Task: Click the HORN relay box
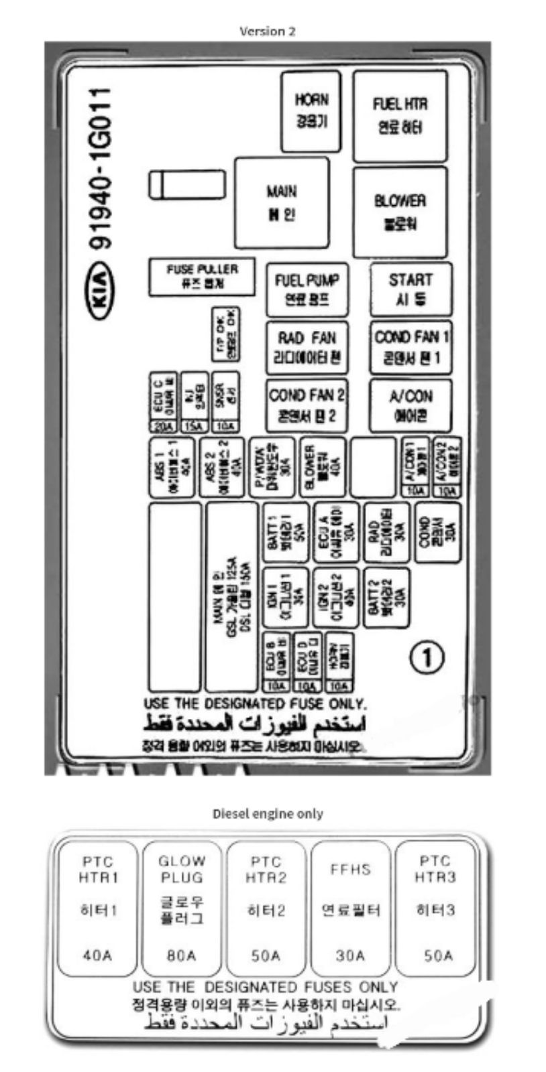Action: (x=311, y=111)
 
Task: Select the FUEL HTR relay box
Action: (x=400, y=116)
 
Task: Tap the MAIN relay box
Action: (x=282, y=203)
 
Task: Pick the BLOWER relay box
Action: (x=400, y=212)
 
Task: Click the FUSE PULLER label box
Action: (x=202, y=276)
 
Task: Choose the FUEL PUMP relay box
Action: (x=307, y=289)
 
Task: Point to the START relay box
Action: (x=411, y=289)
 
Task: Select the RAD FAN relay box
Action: (x=307, y=347)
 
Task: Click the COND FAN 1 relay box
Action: (x=411, y=347)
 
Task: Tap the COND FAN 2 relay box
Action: (x=307, y=405)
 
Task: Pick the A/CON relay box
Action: (x=411, y=405)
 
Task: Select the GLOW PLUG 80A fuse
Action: (x=181, y=908)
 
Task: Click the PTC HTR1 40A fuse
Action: (x=98, y=908)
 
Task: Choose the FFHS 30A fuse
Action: (x=350, y=908)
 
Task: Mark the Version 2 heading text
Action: (x=267, y=31)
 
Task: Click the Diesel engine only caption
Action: (x=268, y=813)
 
